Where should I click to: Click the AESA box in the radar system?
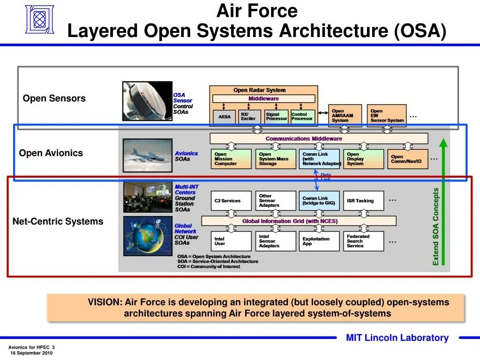[x=225, y=116]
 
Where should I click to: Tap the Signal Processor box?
[x=277, y=116]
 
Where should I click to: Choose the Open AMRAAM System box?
[x=345, y=116]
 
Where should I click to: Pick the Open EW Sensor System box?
[x=386, y=116]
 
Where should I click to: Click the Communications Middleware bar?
[x=319, y=139]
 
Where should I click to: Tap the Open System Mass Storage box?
[x=276, y=159]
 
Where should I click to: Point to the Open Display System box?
[x=363, y=159]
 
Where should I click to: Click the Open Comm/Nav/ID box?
[x=407, y=159]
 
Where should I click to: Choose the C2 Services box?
[x=231, y=201]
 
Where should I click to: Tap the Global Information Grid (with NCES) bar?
[x=299, y=221]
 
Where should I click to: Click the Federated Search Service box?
[x=363, y=241]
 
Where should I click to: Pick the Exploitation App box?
[x=319, y=241]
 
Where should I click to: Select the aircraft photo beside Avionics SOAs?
[x=147, y=156]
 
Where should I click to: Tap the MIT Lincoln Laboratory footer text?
[x=397, y=338]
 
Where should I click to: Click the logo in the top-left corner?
[x=39, y=19]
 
